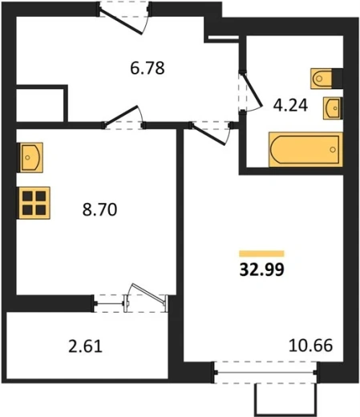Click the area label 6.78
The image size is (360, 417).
pyautogui.click(x=148, y=68)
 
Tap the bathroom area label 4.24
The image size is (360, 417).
pyautogui.click(x=290, y=105)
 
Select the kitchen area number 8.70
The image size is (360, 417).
pyautogui.click(x=99, y=209)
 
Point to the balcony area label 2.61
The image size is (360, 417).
pyautogui.click(x=85, y=346)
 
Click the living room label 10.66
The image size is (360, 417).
pyautogui.click(x=311, y=345)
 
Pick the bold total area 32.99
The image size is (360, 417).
pyautogui.click(x=262, y=269)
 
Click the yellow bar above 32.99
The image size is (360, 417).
pyautogui.click(x=261, y=253)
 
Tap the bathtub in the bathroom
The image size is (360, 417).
pyautogui.click(x=305, y=149)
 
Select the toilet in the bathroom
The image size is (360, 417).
pyautogui.click(x=322, y=79)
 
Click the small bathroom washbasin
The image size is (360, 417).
pyautogui.click(x=333, y=108)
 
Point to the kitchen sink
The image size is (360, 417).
pyautogui.click(x=30, y=157)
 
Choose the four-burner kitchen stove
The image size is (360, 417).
pyautogui.click(x=34, y=203)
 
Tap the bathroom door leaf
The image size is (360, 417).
pyautogui.click(x=252, y=90)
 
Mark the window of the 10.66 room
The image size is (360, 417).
pyautogui.click(x=265, y=372)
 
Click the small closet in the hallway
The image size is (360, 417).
pyautogui.click(x=40, y=105)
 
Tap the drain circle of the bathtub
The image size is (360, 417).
pyautogui.click(x=333, y=149)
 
